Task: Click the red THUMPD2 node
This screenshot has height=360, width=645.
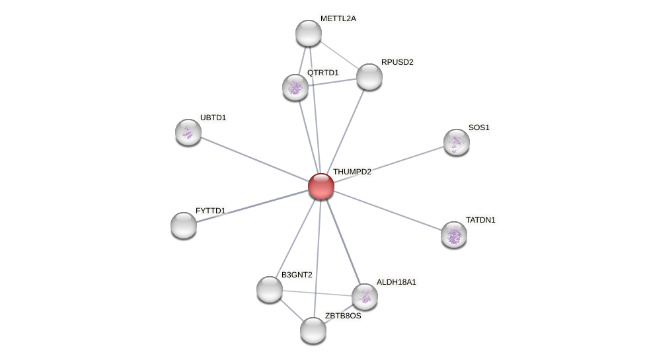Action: tap(321, 186)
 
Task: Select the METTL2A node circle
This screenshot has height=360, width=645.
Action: tap(309, 33)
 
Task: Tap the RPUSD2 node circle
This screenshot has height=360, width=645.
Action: tap(369, 77)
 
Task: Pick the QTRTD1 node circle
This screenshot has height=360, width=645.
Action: tap(295, 87)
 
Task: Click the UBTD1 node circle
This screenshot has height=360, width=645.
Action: tap(188, 132)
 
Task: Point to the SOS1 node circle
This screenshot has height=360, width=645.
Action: tap(457, 142)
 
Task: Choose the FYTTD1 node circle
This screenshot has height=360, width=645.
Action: tap(184, 225)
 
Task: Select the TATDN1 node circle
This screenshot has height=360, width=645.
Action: tap(454, 234)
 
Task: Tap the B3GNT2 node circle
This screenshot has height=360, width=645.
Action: tap(270, 289)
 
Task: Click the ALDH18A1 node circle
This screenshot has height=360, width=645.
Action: tap(365, 297)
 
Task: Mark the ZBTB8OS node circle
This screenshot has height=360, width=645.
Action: tap(313, 330)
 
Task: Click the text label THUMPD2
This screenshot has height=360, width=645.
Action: tap(352, 172)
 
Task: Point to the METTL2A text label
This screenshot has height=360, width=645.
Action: tap(338, 18)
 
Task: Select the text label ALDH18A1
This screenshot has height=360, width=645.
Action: tap(397, 282)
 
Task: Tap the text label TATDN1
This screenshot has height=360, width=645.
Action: tap(480, 220)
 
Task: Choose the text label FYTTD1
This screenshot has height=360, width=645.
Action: tap(210, 211)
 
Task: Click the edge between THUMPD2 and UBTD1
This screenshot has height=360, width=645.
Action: tap(254, 159)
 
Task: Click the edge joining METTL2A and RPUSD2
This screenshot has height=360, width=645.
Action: tap(339, 55)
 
